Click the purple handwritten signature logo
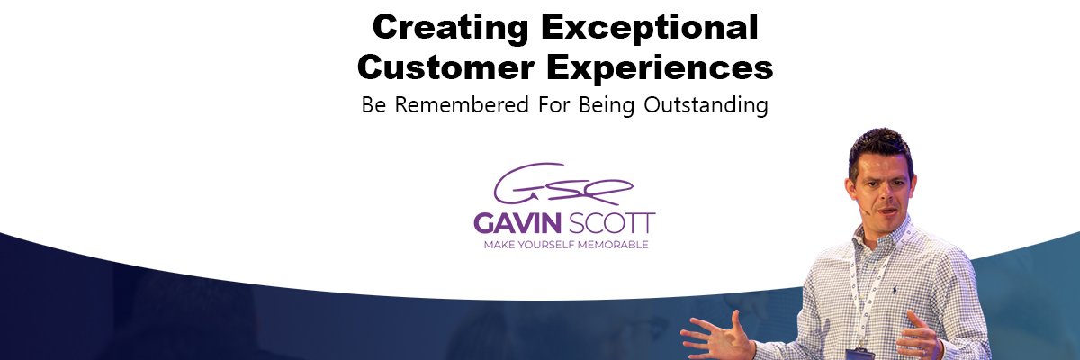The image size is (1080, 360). pyautogui.click(x=563, y=184)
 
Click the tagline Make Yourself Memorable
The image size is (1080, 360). pyautogui.click(x=565, y=244)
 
